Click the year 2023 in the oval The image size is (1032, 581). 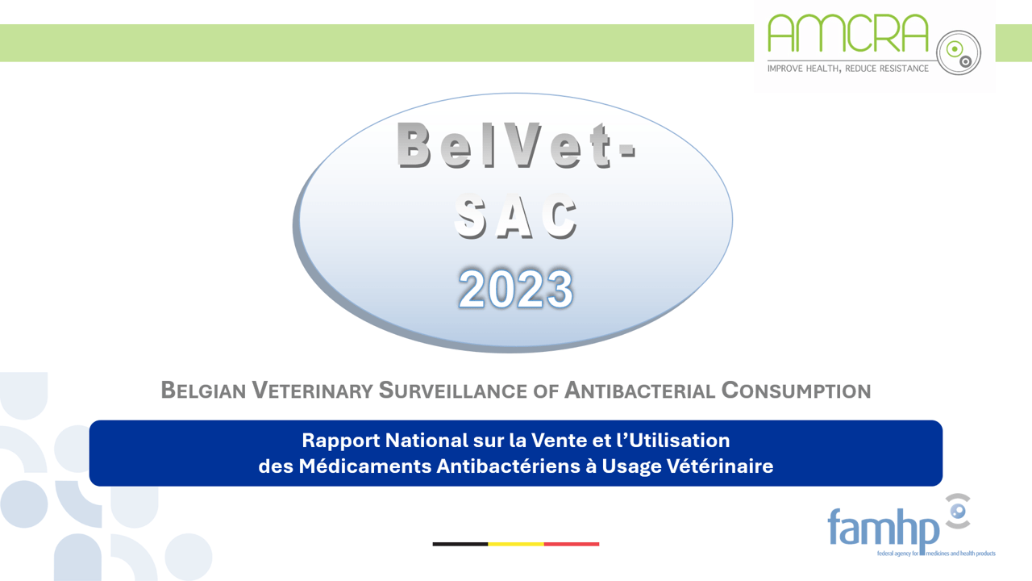coord(516,289)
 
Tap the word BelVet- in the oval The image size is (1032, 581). coord(516,145)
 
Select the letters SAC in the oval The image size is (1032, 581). coord(516,218)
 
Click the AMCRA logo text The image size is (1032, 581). coord(847,34)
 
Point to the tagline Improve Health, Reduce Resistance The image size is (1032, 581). coord(847,69)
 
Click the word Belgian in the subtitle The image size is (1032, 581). coord(203,391)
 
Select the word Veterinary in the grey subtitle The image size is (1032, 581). coord(313,391)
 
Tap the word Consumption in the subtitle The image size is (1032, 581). coord(796,391)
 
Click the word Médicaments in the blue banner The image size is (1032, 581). coord(356,466)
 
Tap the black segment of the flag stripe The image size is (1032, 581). coord(460,544)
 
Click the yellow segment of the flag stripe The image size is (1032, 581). coord(516,544)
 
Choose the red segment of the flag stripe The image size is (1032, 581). coord(572,544)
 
